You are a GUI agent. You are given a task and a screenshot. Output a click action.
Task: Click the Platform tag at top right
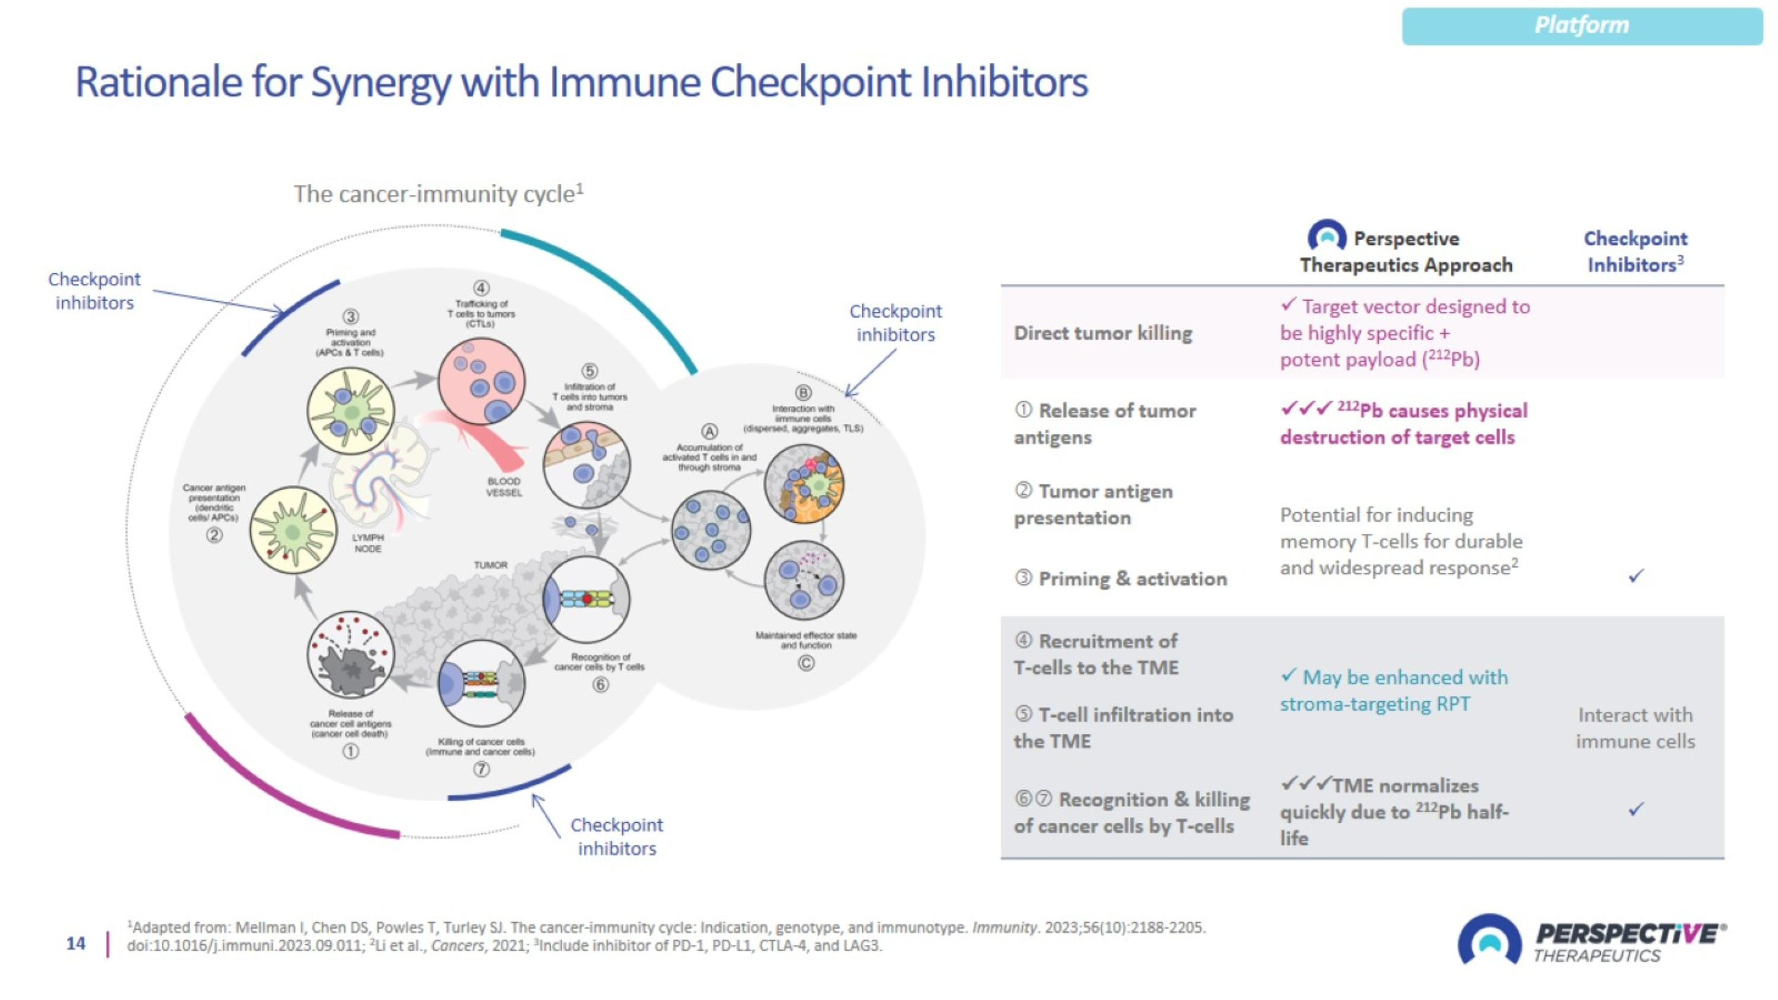coord(1581,25)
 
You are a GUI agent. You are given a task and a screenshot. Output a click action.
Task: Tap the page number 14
coord(76,944)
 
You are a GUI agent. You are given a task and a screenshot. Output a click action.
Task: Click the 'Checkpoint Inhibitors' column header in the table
coord(1635,252)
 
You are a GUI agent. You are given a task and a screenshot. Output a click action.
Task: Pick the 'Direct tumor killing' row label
coord(1103,333)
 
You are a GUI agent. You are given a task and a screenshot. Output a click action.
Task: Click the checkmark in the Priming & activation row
coord(1636,576)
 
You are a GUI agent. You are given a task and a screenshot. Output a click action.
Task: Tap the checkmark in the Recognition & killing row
coord(1636,809)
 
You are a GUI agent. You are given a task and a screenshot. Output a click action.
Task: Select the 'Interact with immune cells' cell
coord(1635,728)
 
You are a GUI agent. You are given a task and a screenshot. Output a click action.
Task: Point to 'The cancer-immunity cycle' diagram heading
coord(439,194)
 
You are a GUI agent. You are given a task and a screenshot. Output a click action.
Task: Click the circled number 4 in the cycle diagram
coord(481,287)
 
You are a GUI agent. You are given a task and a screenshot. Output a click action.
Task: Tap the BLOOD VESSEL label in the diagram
coord(504,487)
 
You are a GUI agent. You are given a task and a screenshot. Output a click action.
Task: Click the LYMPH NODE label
coord(368,542)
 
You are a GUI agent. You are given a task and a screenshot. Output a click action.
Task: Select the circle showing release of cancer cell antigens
coord(351,655)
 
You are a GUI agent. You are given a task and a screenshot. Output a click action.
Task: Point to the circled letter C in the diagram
coord(805,663)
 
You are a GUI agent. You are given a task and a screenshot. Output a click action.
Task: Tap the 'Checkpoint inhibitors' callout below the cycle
coord(616,836)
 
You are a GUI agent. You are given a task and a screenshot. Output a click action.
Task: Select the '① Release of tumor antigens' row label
coord(1104,424)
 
